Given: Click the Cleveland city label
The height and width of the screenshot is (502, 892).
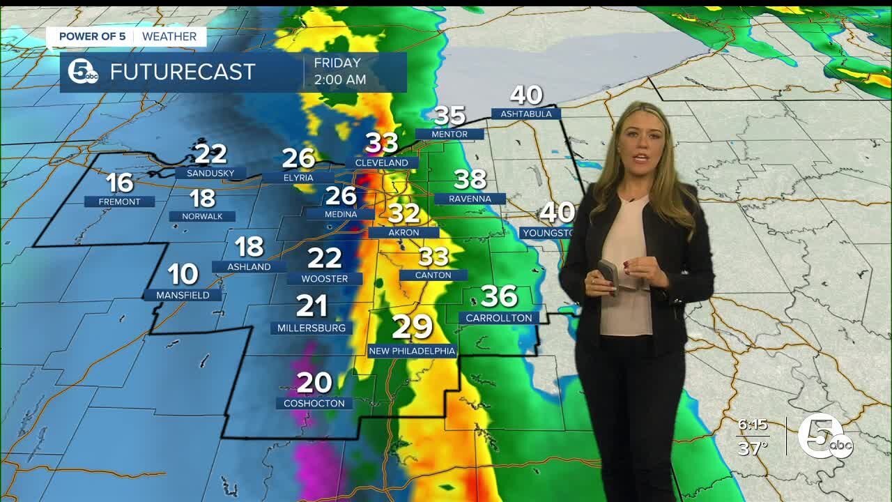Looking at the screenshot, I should (x=381, y=162).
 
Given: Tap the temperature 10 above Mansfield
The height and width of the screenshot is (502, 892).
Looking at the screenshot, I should (x=183, y=274).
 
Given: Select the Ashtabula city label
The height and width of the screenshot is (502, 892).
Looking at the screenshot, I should (x=525, y=114).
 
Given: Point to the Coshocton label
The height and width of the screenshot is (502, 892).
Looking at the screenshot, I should (x=314, y=403).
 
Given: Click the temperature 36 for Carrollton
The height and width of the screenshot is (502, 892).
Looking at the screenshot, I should (x=499, y=296).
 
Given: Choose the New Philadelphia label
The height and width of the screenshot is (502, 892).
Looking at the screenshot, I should (x=412, y=351).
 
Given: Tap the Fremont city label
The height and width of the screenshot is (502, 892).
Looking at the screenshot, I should (x=119, y=201).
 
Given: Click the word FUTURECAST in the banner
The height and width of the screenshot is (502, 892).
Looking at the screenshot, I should (x=183, y=72).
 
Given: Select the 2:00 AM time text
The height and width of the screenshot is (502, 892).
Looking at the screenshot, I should (x=339, y=79).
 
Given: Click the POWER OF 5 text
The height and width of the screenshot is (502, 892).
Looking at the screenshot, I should (x=92, y=36).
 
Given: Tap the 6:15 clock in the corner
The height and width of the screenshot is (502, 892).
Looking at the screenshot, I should (x=752, y=425).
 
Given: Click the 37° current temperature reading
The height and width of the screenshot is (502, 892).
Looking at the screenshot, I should (x=752, y=448).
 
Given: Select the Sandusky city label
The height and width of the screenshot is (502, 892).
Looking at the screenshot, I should (x=210, y=173).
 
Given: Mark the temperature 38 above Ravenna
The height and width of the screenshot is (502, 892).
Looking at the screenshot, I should (x=470, y=179).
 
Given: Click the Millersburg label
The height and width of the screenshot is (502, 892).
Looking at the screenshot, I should (x=311, y=328).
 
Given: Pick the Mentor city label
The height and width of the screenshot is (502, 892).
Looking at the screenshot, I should (x=449, y=134).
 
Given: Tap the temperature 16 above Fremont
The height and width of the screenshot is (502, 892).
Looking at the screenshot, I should (x=119, y=183).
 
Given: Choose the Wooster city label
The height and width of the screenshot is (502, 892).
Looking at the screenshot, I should (x=324, y=278).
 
